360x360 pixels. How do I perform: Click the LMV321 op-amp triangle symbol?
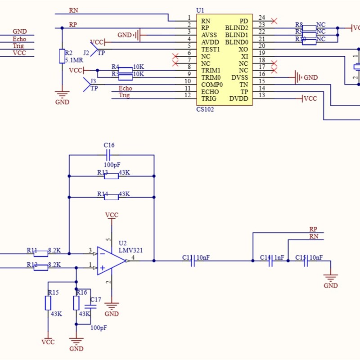click(x=111, y=261)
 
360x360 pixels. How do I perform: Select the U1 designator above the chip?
click(x=200, y=10)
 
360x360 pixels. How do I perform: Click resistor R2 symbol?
click(x=62, y=56)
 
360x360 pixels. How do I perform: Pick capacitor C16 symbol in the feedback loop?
click(x=108, y=155)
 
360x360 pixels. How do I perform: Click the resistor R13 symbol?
click(x=111, y=175)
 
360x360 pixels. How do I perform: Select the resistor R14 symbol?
click(x=111, y=197)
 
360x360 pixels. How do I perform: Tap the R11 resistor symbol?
click(x=41, y=253)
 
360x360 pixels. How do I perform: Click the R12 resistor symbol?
click(x=41, y=268)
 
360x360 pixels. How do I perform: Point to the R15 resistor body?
click(x=48, y=303)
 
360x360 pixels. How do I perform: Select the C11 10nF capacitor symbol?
click(x=193, y=261)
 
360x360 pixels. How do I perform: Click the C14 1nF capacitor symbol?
click(x=271, y=261)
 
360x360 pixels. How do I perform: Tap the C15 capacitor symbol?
click(x=306, y=261)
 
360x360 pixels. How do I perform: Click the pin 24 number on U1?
click(x=261, y=18)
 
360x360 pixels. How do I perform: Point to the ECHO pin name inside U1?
click(x=210, y=92)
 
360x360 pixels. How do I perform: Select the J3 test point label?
click(x=93, y=81)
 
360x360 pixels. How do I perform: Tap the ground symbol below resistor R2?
click(x=62, y=95)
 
